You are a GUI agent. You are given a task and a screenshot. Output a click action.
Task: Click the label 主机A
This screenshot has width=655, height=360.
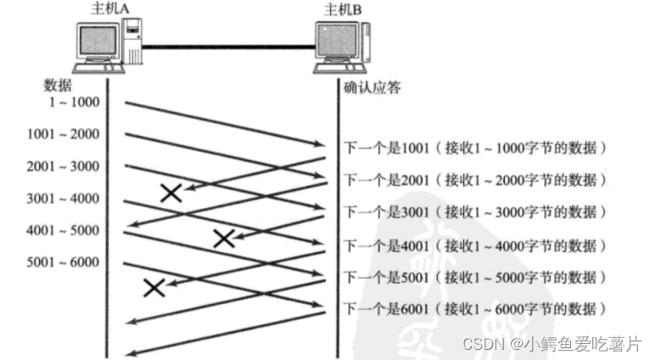pyautogui.click(x=109, y=8)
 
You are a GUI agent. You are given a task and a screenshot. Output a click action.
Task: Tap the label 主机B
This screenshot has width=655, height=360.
pyautogui.click(x=344, y=8)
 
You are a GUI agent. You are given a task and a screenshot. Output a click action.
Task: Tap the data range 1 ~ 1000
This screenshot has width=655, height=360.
pyautogui.click(x=74, y=104)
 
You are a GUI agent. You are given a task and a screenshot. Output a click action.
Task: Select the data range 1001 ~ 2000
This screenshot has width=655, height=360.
pyautogui.click(x=63, y=135)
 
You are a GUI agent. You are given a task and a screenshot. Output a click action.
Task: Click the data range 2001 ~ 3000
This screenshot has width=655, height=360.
pyautogui.click(x=63, y=166)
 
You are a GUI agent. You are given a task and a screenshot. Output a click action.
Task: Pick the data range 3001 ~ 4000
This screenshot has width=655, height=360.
pyautogui.click(x=63, y=199)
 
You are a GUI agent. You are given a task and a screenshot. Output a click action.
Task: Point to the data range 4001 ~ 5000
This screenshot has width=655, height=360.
pyautogui.click(x=63, y=230)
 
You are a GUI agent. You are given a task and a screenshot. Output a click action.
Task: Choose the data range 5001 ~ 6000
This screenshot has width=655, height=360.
pyautogui.click(x=63, y=262)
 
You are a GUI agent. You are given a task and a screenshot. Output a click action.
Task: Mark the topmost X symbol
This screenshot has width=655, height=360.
pyautogui.click(x=171, y=193)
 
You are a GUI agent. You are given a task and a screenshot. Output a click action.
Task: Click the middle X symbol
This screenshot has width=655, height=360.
pyautogui.click(x=223, y=238)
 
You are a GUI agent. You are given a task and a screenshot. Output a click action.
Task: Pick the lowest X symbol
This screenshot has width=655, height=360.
pyautogui.click(x=153, y=287)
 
